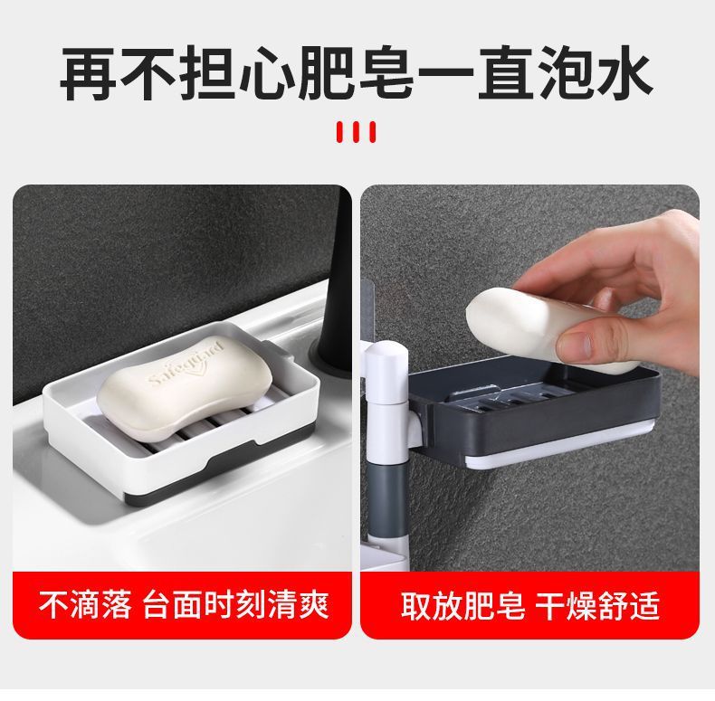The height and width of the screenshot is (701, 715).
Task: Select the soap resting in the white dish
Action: [185, 388]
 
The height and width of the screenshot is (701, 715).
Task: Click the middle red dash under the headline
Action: [357, 132]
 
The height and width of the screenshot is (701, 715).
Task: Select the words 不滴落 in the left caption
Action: [85, 605]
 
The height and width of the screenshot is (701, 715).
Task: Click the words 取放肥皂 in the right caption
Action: [463, 605]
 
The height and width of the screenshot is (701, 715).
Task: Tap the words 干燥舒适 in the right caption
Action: [597, 605]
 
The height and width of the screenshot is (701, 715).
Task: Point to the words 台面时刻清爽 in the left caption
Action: [236, 605]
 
